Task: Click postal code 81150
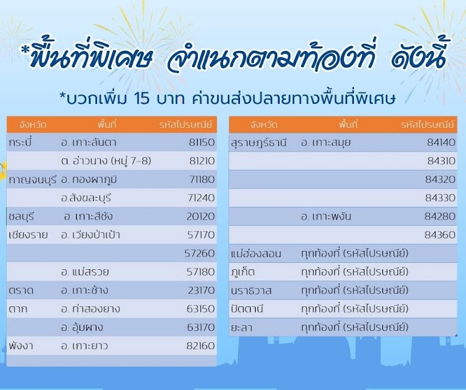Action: coord(202,142)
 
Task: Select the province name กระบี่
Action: coord(20,142)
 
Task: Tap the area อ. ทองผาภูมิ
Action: coord(89,180)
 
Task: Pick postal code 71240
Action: coord(202,198)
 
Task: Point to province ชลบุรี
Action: coord(21,216)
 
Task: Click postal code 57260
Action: coord(200,253)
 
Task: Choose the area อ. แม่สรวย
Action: coord(85,272)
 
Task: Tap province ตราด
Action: coord(21,290)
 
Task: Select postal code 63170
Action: coord(201,327)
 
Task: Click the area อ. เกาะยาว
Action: coord(84,346)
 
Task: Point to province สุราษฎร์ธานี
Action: coord(259,143)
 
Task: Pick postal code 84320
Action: coord(440,179)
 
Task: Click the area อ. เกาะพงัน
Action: coord(326,216)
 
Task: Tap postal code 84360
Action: coord(440,235)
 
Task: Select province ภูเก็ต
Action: coord(242,272)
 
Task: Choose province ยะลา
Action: coord(241,328)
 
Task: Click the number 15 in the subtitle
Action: coord(142,99)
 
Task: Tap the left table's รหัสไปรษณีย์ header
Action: coord(185,125)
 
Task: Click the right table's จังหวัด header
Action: coord(264,125)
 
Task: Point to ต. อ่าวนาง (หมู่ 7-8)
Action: coord(106,161)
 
